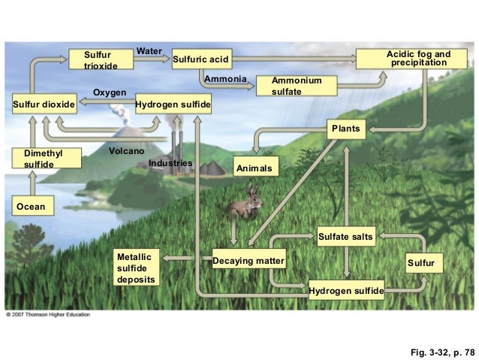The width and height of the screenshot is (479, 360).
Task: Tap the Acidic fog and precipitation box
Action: click(x=417, y=59)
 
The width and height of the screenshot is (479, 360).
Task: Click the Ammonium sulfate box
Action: click(x=297, y=86)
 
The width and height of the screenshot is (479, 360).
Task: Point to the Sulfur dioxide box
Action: click(x=44, y=104)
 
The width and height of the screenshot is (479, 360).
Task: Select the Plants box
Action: click(x=345, y=129)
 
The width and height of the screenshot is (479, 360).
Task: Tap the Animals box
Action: click(x=256, y=168)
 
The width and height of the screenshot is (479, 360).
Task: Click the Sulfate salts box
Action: click(x=345, y=237)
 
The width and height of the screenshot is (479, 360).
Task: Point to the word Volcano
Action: click(x=126, y=151)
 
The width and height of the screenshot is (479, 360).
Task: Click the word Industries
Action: click(x=170, y=163)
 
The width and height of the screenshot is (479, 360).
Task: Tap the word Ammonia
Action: click(x=226, y=79)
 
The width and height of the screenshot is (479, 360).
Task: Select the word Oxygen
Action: click(x=109, y=92)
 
